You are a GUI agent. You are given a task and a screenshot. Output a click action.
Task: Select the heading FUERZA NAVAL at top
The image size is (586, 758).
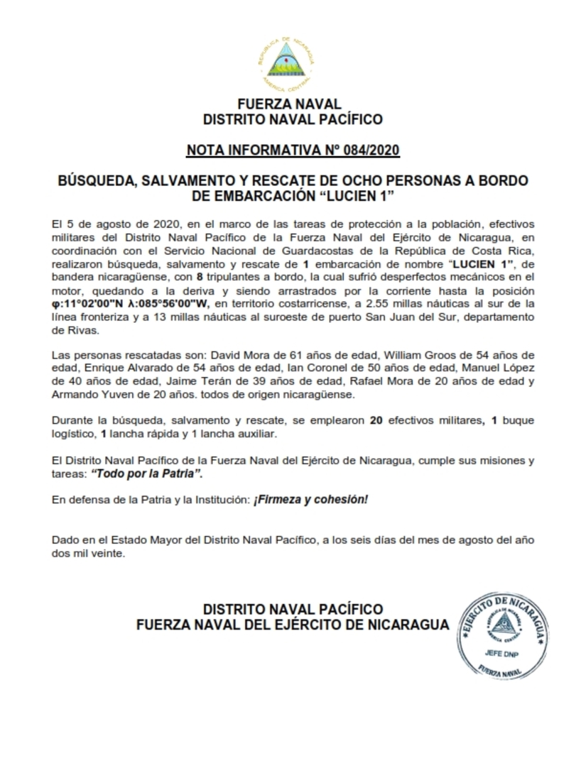pos(293,104)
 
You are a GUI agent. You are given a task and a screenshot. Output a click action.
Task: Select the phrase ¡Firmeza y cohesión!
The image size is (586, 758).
pos(310,500)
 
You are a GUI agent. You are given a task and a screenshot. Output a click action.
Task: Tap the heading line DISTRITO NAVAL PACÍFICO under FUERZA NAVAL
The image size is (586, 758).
pos(293,119)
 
